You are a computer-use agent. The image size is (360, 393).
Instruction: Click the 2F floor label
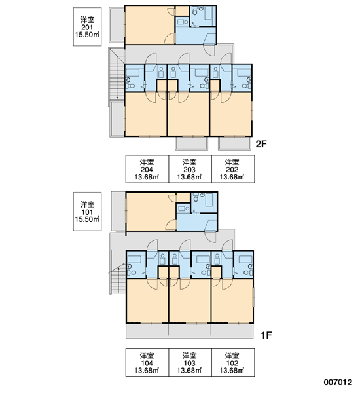(261, 144)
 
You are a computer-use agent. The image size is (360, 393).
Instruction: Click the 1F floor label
(266, 335)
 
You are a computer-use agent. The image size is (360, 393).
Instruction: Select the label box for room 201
(88, 27)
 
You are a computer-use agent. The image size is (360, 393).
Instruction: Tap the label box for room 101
(88, 212)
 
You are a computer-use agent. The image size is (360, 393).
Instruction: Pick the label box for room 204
(147, 169)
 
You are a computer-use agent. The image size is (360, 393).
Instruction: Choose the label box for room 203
(190, 169)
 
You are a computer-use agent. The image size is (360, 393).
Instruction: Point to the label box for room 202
(233, 169)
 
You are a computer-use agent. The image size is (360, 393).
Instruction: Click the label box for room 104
(147, 362)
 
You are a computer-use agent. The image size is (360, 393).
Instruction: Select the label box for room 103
(190, 362)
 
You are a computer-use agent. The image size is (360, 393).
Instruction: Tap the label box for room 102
(233, 362)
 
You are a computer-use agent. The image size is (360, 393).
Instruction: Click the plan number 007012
(338, 383)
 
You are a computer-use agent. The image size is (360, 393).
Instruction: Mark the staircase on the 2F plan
(117, 77)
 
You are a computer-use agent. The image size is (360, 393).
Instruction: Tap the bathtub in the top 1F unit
(210, 200)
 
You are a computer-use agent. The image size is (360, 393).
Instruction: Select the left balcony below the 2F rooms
(191, 143)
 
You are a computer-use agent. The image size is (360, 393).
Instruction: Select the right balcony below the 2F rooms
(234, 143)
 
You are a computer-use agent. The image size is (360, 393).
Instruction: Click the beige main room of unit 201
(149, 25)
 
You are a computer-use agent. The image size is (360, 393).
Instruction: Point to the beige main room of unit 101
(151, 212)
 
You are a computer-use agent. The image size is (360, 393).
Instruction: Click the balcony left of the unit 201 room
(117, 25)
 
